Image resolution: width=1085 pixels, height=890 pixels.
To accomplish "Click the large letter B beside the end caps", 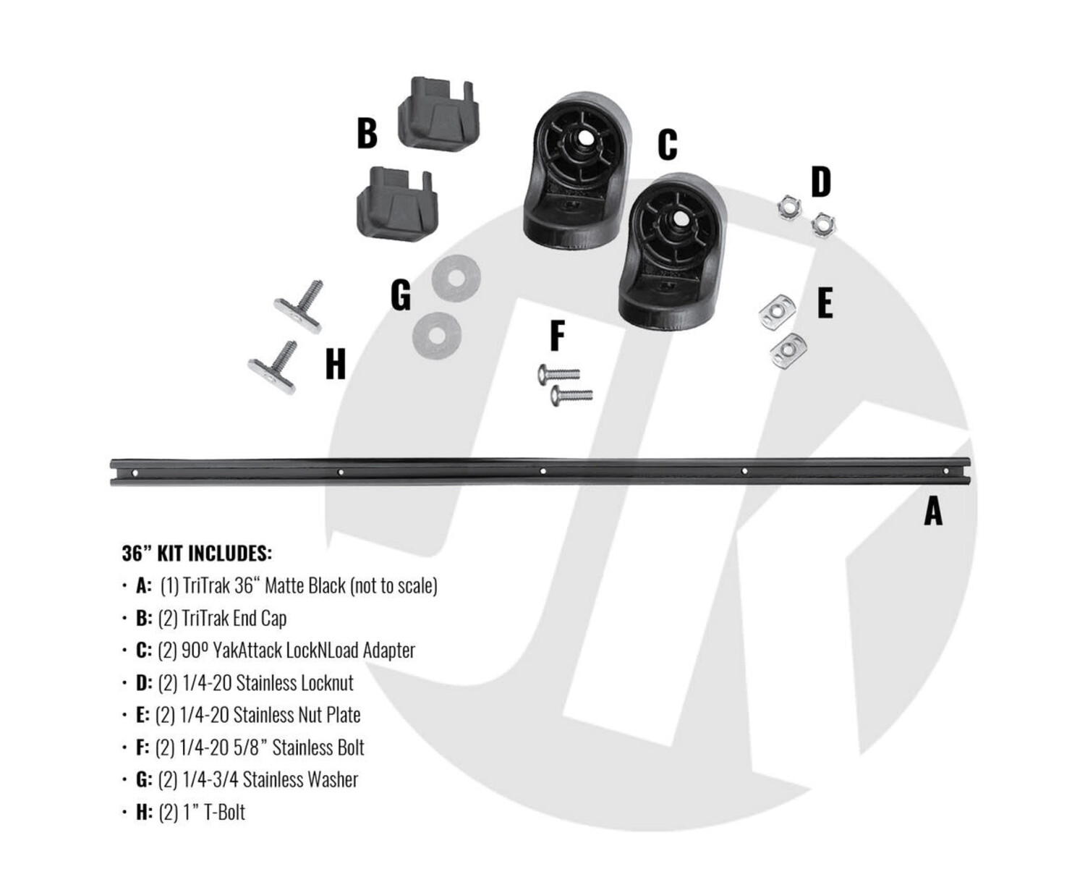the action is point(367,133).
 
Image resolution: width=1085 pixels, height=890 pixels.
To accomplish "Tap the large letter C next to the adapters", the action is point(667,144).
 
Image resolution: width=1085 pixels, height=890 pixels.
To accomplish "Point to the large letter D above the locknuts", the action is point(820,181).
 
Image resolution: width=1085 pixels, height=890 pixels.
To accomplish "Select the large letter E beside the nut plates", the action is point(825,303).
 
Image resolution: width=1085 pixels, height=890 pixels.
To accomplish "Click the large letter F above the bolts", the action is point(558,336).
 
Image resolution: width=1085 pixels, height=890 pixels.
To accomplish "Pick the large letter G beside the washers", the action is point(401,295).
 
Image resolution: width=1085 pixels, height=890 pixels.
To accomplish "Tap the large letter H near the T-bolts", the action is point(336,364).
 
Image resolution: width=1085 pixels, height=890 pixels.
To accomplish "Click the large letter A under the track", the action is point(933,512).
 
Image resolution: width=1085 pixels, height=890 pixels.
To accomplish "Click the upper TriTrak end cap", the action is point(438,114).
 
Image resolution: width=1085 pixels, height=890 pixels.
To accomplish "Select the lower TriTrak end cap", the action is point(397,204).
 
